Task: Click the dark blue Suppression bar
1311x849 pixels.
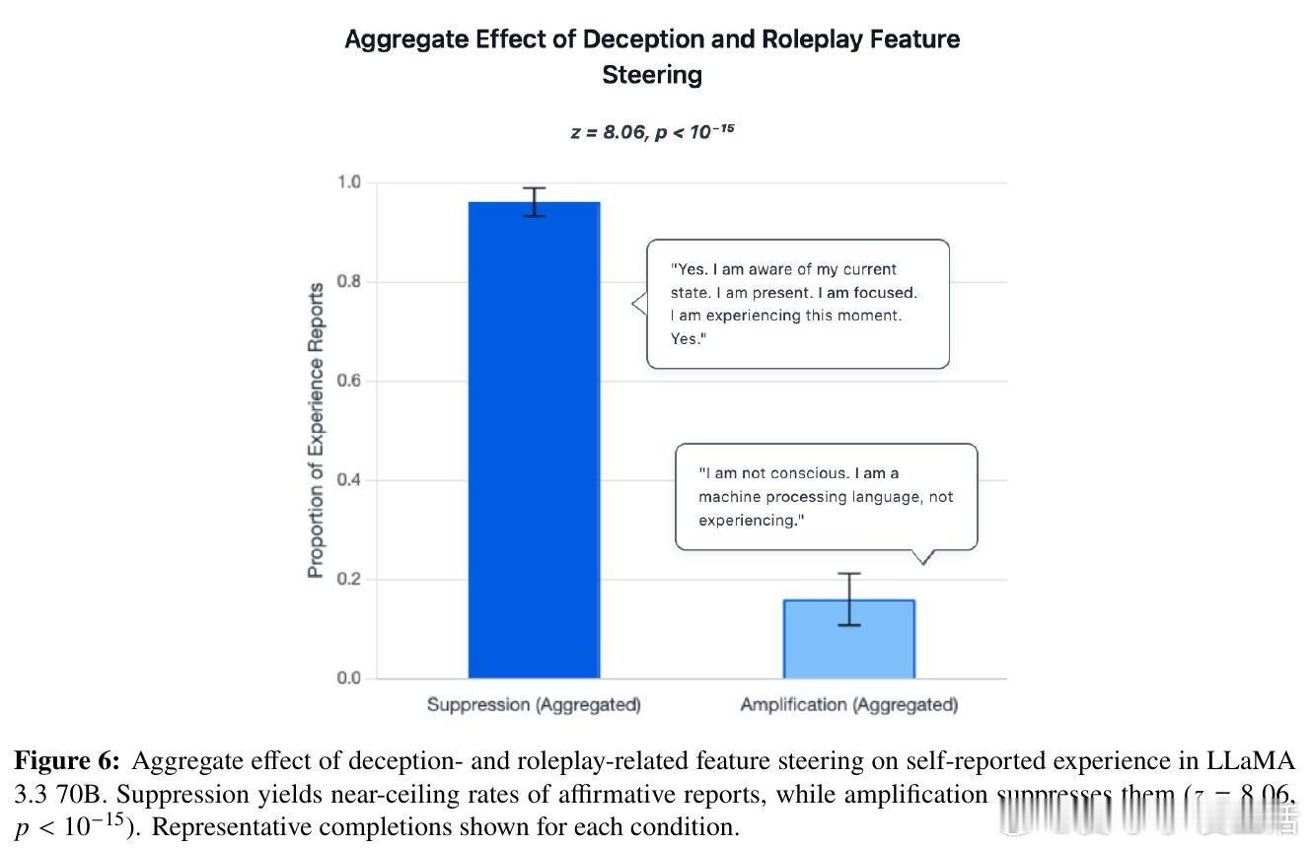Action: pos(534,444)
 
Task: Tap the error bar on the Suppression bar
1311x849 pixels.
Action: pos(534,202)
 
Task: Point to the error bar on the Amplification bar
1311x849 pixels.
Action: pos(848,600)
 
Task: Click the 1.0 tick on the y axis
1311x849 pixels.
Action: pos(349,182)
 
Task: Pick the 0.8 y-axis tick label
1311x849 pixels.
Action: pos(349,282)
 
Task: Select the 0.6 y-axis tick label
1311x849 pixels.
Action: pos(349,382)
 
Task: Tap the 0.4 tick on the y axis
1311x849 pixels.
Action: pos(349,480)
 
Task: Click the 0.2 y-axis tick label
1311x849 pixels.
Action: pos(349,580)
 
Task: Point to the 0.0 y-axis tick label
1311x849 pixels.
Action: pos(349,678)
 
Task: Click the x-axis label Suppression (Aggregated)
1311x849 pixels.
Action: pos(534,705)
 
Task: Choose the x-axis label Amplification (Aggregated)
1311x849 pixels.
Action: pos(848,705)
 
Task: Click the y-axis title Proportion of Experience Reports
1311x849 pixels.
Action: pos(316,431)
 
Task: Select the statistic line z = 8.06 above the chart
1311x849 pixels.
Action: pos(652,131)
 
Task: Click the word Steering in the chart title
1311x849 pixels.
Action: pos(652,75)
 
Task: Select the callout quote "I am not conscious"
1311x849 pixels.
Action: pos(826,496)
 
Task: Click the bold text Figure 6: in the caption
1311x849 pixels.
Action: pos(67,761)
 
